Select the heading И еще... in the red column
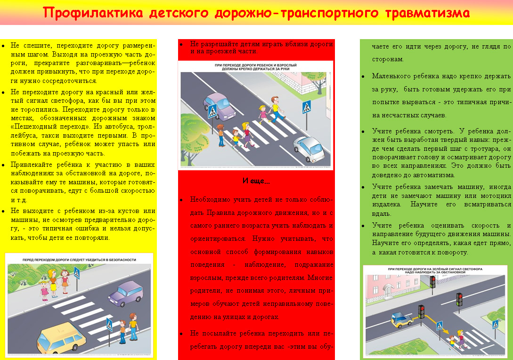(256, 181)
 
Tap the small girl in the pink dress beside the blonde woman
(44, 287)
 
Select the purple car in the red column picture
(220, 107)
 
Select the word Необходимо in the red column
(209, 199)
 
